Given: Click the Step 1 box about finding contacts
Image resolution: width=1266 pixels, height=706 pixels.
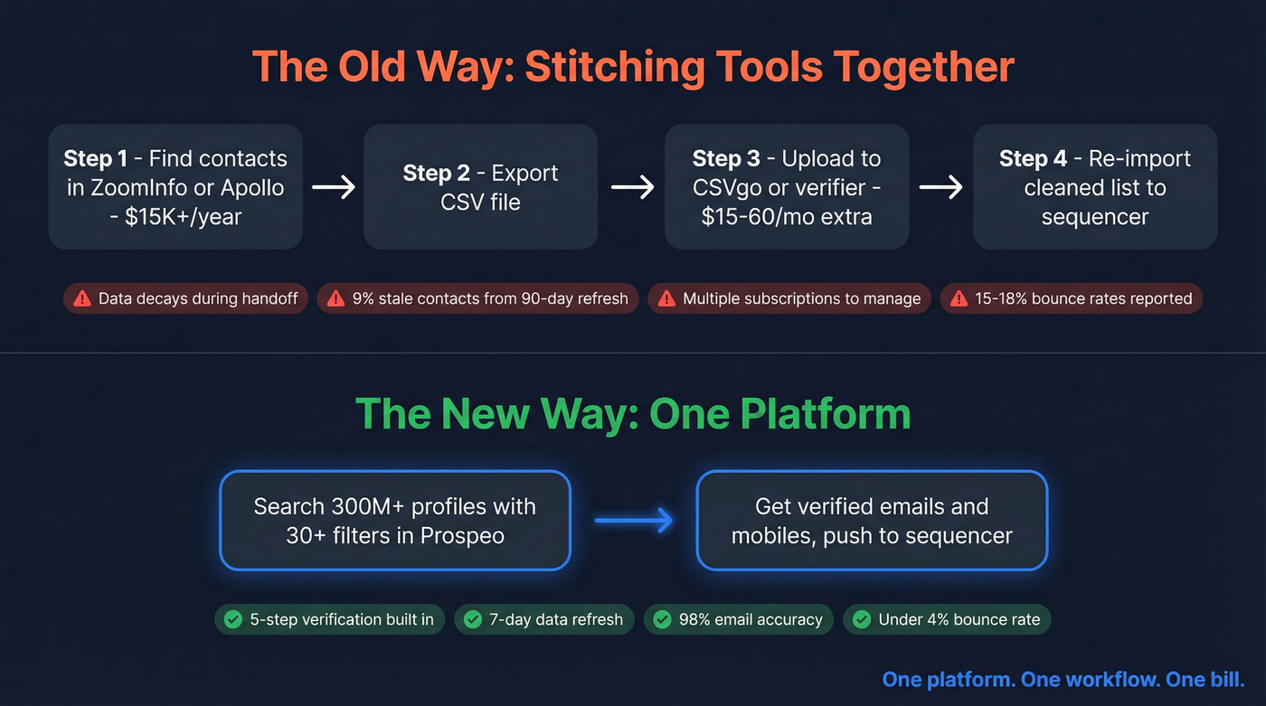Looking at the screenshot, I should tap(175, 187).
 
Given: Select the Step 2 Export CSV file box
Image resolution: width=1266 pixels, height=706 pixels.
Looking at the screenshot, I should tap(480, 187).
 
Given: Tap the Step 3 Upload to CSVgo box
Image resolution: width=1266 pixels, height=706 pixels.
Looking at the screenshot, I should tap(786, 187).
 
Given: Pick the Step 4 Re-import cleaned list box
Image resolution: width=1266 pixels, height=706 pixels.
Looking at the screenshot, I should tap(1094, 187).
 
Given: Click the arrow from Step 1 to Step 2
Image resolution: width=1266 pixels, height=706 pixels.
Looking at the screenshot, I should tap(333, 187).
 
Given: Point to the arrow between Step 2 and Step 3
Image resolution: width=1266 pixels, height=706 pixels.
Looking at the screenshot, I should tap(632, 187).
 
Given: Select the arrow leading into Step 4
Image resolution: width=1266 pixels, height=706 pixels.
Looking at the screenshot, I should tap(940, 187).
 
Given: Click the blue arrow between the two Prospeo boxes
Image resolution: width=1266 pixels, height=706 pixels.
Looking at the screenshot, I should tap(633, 520).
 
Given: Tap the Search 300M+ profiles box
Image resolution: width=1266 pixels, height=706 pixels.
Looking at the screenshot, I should tap(394, 520).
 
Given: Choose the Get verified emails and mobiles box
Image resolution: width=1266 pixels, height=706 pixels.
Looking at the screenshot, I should tap(872, 520).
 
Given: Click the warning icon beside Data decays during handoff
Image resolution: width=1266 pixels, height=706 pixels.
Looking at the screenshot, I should tap(82, 298).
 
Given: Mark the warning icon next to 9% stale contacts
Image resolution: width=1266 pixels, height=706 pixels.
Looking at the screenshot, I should tap(336, 298).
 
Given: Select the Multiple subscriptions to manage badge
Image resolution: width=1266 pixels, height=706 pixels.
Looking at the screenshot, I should tap(789, 298).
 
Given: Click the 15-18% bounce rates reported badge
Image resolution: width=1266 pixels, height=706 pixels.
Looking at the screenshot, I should tap(1072, 298).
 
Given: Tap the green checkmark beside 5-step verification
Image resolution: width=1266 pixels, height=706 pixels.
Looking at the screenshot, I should tap(233, 619).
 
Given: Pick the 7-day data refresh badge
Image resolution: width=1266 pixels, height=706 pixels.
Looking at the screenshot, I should tap(543, 619).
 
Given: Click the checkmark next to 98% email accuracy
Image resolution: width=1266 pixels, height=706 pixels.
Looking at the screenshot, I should tap(663, 619).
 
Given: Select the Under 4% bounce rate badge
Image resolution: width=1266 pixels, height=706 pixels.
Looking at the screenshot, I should tap(947, 619).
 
